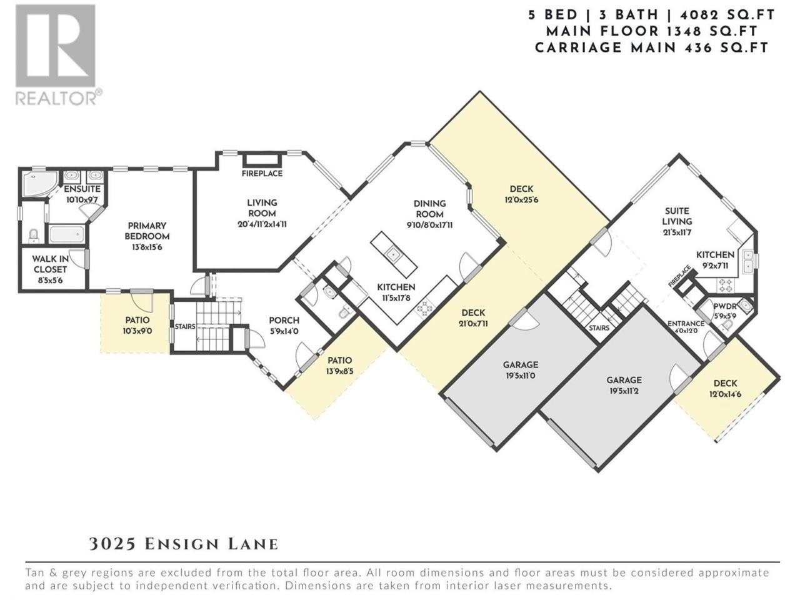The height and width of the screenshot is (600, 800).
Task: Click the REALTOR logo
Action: click(x=58, y=54)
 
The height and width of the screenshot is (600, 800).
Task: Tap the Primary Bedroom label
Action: click(x=147, y=231)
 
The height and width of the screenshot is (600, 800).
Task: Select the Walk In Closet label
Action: click(x=50, y=264)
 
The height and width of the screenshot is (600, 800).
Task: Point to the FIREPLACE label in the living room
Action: click(x=262, y=173)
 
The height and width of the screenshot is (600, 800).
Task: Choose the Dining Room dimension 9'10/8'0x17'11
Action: click(x=430, y=225)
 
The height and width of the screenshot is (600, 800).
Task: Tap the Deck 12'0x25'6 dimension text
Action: click(x=521, y=200)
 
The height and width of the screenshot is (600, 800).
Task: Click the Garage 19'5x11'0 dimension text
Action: click(x=521, y=376)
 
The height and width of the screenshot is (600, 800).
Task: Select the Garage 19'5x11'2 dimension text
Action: click(x=624, y=391)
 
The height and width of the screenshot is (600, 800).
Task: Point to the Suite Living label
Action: click(x=677, y=216)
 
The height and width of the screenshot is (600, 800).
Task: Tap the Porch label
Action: click(x=284, y=321)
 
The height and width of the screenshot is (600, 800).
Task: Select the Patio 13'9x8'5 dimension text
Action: click(x=339, y=371)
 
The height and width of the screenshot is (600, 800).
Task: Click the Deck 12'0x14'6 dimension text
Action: click(x=725, y=394)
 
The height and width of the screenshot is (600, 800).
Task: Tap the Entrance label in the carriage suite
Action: click(x=686, y=324)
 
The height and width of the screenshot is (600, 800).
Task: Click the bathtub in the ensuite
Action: click(x=67, y=234)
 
